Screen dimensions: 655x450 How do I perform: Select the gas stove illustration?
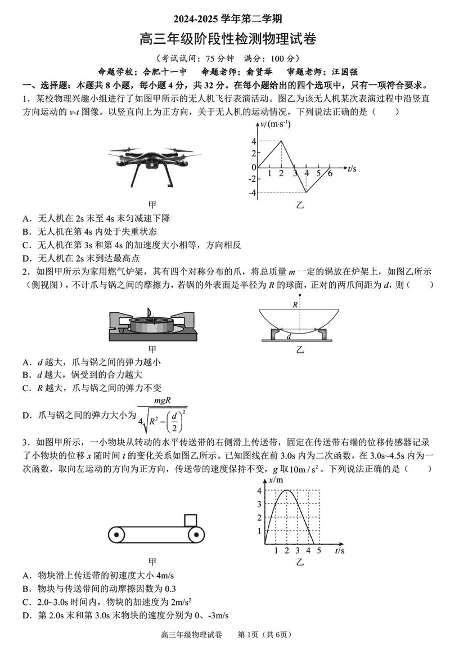pyautogui.click(x=151, y=325)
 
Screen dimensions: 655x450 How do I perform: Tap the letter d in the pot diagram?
pyautogui.click(x=289, y=337)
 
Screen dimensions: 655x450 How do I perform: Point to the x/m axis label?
pyautogui.click(x=275, y=480)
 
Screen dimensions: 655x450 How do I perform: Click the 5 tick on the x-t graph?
pyautogui.click(x=319, y=550)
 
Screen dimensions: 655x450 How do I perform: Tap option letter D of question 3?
pyautogui.click(x=26, y=614)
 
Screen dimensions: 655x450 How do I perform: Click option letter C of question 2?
pyautogui.click(x=26, y=387)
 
